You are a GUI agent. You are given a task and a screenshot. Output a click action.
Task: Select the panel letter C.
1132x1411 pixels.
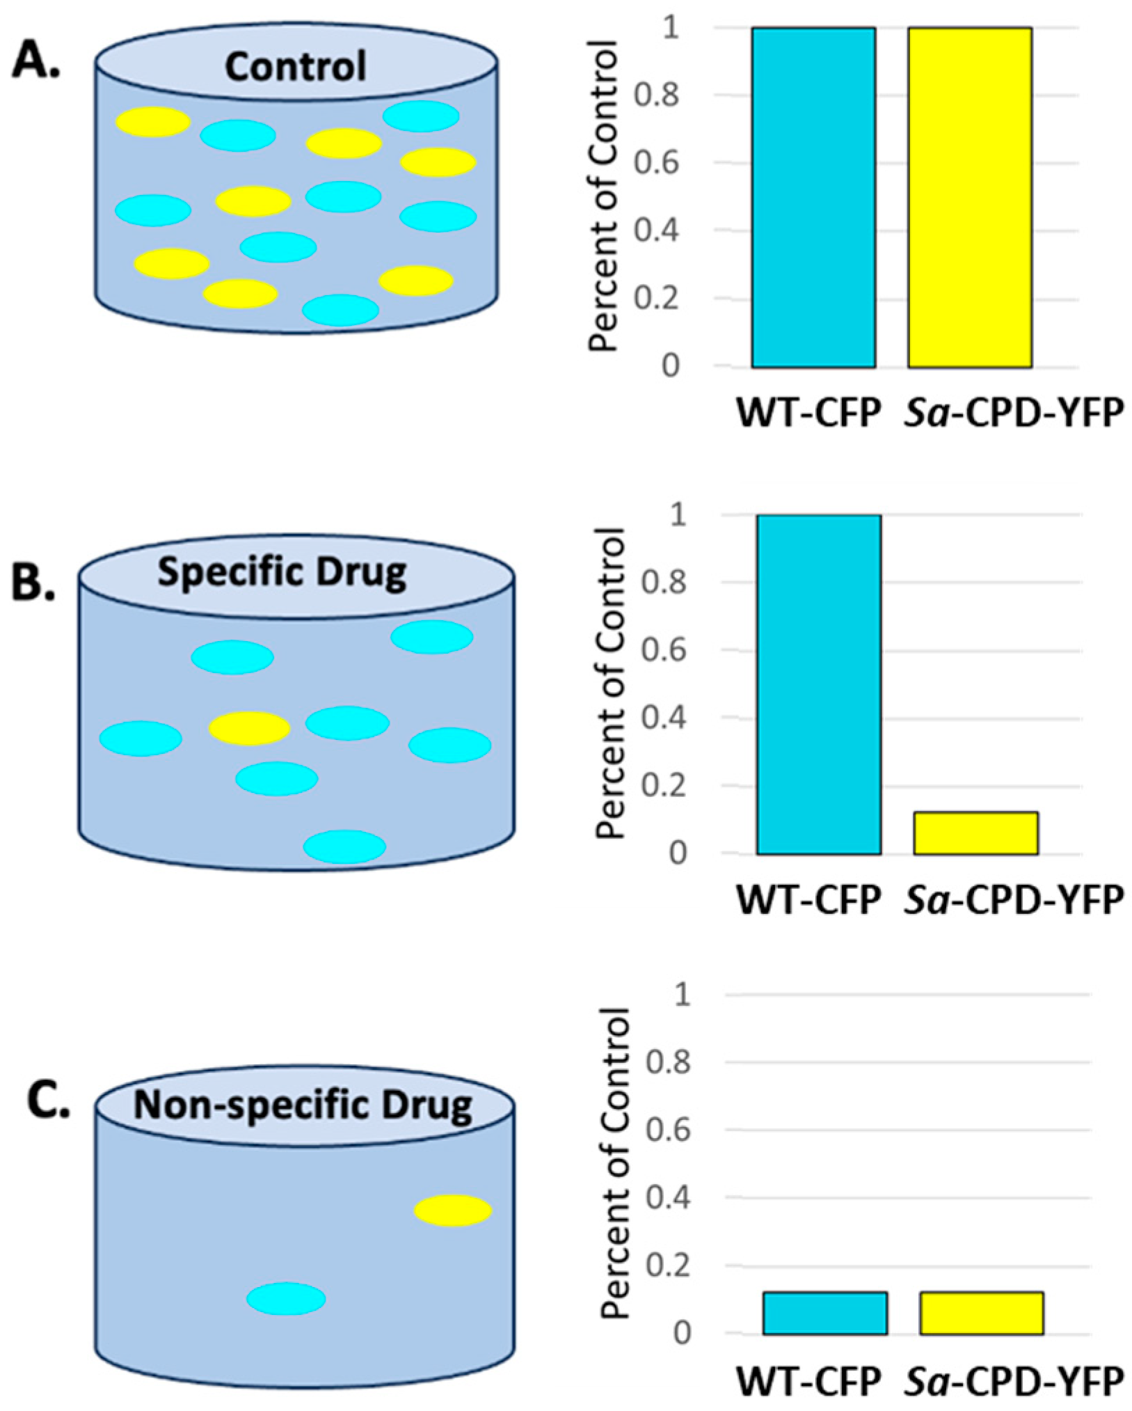[x=48, y=1102]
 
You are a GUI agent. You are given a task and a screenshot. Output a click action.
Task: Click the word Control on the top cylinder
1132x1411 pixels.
[x=295, y=67]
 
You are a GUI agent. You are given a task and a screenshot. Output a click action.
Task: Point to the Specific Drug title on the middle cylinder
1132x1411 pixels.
[x=282, y=573]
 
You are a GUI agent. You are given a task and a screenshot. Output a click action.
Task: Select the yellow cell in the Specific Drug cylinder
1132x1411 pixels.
[x=249, y=728]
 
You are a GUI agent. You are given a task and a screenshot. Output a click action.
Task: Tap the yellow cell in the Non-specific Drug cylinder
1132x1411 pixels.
[x=452, y=1211]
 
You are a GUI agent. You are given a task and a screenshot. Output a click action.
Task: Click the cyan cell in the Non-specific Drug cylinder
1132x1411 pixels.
[x=286, y=1299]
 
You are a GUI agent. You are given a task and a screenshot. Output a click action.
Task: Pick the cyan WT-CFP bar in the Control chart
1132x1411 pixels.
[x=813, y=197]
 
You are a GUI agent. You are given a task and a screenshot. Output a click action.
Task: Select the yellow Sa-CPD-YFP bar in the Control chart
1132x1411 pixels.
[x=970, y=197]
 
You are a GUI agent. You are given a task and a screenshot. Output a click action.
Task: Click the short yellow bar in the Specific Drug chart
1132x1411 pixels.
[x=975, y=833]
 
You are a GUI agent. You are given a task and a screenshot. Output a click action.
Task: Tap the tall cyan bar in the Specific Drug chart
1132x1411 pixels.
[x=819, y=684]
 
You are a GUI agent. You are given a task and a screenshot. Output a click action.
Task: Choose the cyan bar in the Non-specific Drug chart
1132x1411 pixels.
[x=824, y=1313]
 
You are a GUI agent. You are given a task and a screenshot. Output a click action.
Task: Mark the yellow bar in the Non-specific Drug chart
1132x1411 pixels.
[x=981, y=1313]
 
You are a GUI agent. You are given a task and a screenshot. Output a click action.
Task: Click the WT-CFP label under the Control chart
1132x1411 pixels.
[x=809, y=414]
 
